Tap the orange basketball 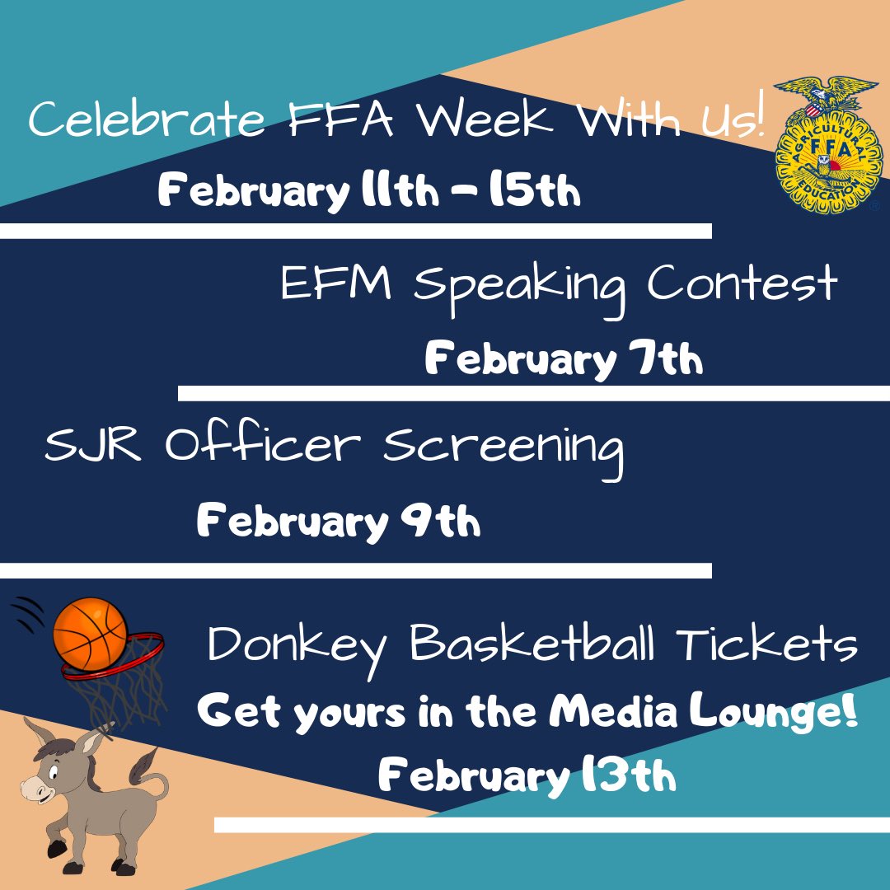click(x=90, y=633)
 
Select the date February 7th click(x=564, y=360)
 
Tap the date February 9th click(x=338, y=522)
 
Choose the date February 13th click(x=527, y=776)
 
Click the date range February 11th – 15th click(x=369, y=192)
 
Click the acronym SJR click(x=96, y=447)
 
